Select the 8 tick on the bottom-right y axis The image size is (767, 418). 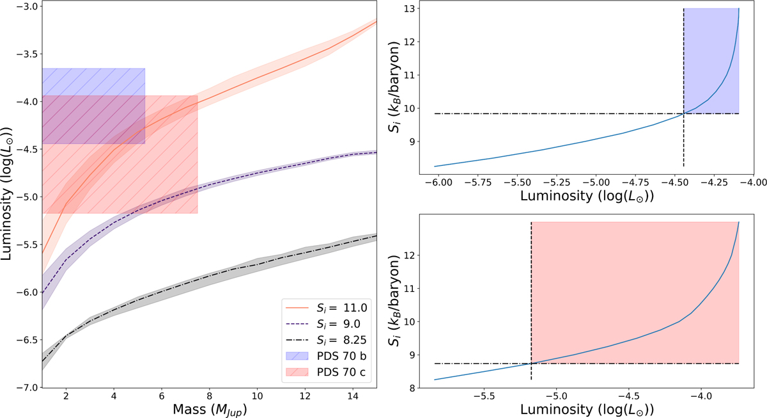tap(410, 388)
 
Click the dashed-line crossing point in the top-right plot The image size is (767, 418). tap(684, 113)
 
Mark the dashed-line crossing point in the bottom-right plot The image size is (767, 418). tap(532, 364)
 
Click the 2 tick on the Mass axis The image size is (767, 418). tap(66, 396)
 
